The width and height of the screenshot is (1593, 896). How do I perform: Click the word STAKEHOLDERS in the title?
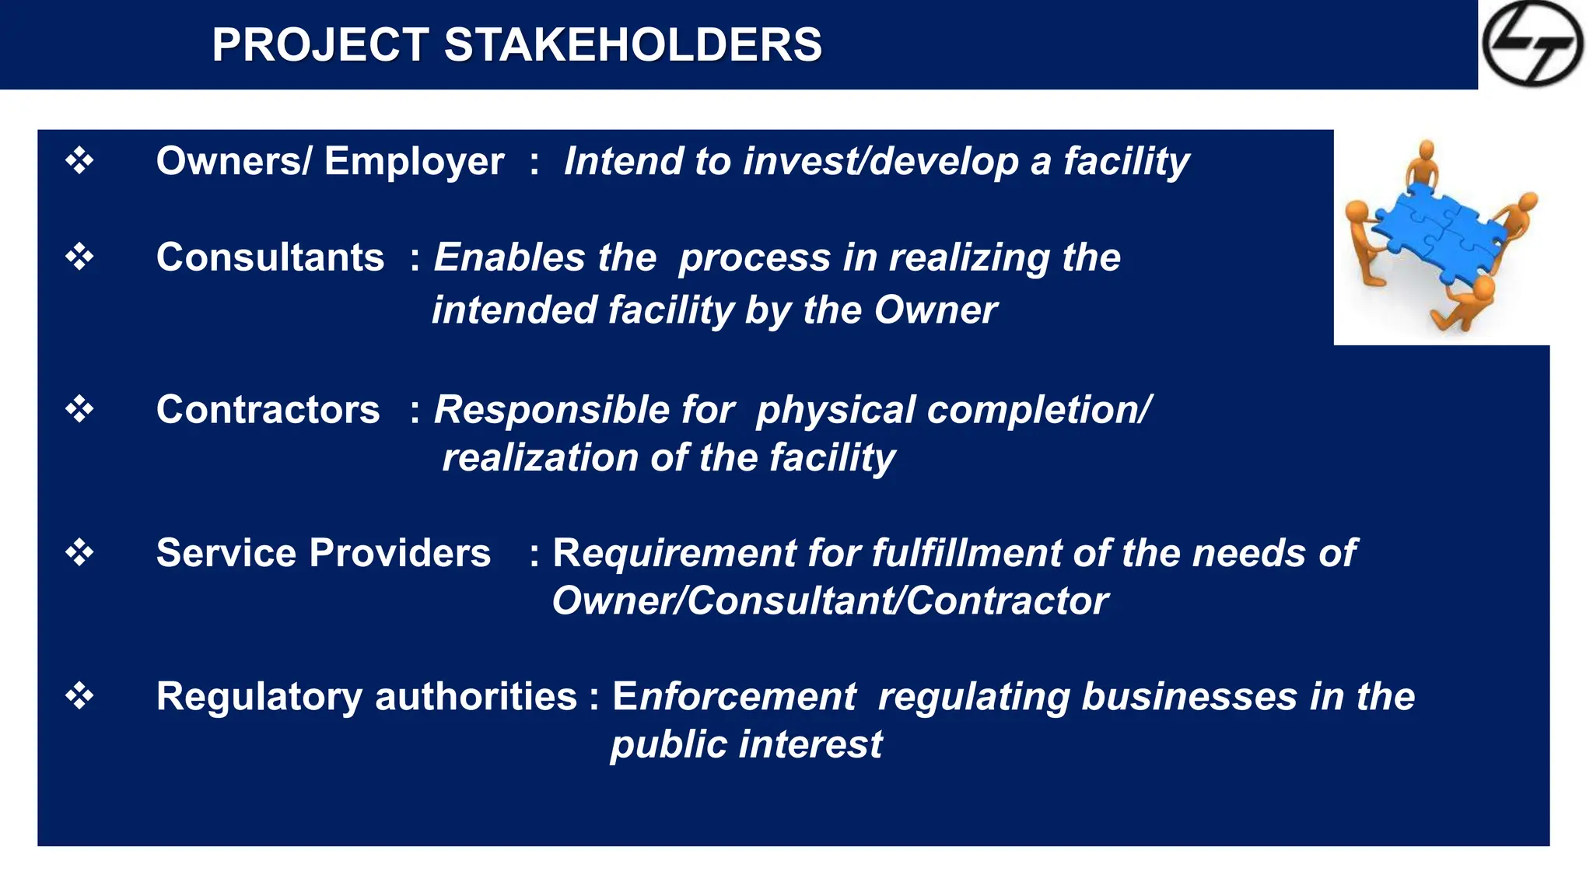pyautogui.click(x=632, y=45)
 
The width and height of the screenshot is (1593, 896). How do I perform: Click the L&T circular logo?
pyautogui.click(x=1532, y=44)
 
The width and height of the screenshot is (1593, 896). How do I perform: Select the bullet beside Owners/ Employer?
pyautogui.click(x=79, y=161)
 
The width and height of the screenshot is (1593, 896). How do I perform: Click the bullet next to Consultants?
pyautogui.click(x=79, y=257)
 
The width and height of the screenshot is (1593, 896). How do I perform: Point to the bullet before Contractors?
pyautogui.click(x=79, y=409)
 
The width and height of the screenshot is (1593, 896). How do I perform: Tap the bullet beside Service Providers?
pyautogui.click(x=79, y=553)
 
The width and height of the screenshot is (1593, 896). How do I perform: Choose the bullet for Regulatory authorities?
pyautogui.click(x=79, y=695)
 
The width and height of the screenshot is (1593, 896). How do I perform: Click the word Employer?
pyautogui.click(x=414, y=163)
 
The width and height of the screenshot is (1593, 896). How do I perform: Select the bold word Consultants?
pyautogui.click(x=270, y=257)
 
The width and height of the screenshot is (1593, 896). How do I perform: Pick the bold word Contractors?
pyautogui.click(x=268, y=410)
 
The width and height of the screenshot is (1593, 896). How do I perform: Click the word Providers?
pyautogui.click(x=400, y=553)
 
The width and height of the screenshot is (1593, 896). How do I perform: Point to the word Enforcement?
pyautogui.click(x=733, y=696)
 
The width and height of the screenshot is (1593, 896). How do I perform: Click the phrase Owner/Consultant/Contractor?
pyautogui.click(x=830, y=601)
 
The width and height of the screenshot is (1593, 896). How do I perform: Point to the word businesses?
pyautogui.click(x=1189, y=696)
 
